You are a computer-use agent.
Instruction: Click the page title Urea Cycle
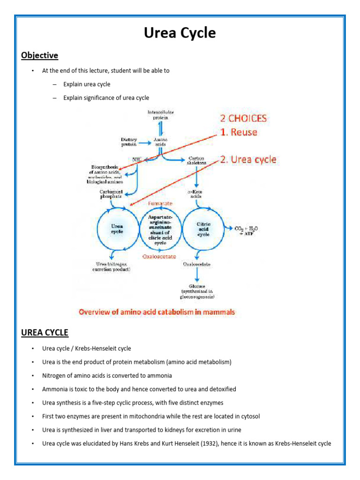pos(180,33)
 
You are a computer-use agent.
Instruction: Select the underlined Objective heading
pos(39,56)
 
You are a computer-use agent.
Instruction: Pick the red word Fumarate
pos(160,204)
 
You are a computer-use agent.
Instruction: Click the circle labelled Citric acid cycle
pos(203,229)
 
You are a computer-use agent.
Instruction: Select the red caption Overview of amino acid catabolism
pos(157,312)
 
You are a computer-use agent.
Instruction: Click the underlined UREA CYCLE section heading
pos(45,333)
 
